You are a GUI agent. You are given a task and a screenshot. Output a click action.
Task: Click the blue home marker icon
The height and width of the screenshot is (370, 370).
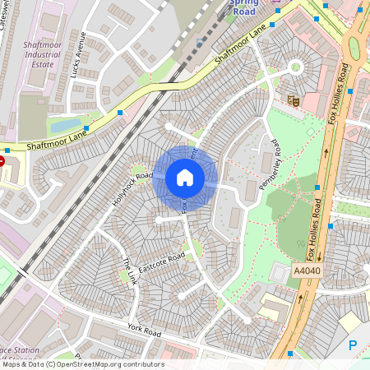click(x=185, y=178)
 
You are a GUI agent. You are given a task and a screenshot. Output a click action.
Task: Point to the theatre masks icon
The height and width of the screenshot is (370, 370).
click(x=293, y=100)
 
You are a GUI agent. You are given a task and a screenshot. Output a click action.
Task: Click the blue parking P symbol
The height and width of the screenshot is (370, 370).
click(x=354, y=346)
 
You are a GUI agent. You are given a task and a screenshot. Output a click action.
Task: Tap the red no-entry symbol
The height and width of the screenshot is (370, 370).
click(x=2, y=162)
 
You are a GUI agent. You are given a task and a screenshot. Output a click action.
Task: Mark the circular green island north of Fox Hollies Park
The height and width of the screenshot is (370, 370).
click(x=296, y=67)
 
